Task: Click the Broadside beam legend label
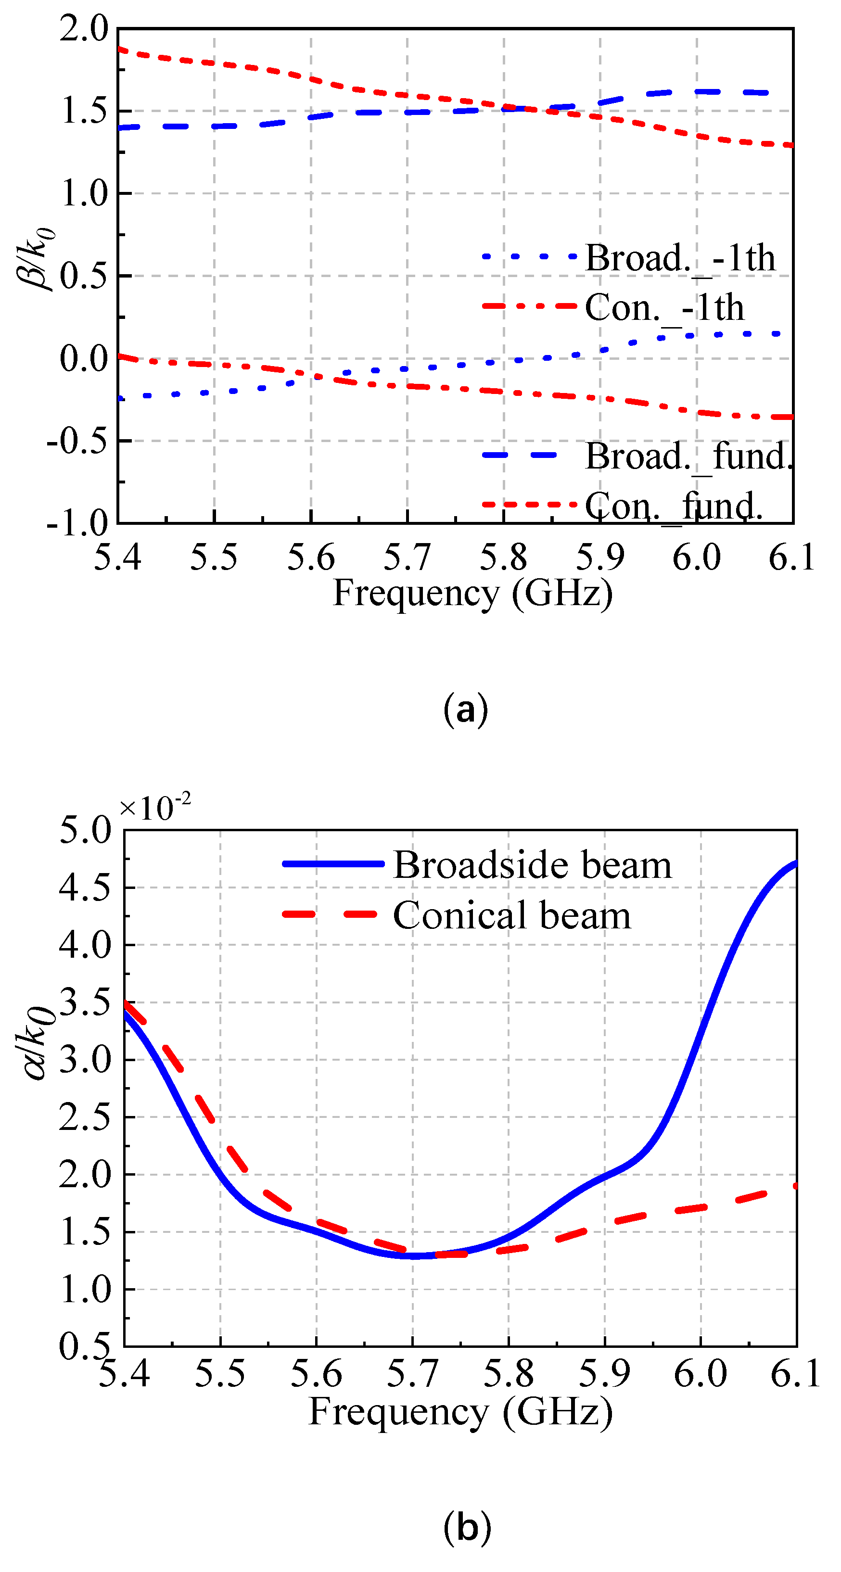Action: coord(532,865)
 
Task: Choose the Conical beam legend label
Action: coord(511,915)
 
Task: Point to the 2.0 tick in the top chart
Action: coord(84,29)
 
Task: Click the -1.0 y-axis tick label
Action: coord(78,523)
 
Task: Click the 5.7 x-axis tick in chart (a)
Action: coord(407,557)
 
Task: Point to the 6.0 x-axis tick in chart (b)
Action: coord(700,1374)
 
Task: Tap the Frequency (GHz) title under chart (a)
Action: coord(472,593)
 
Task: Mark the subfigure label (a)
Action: coord(466,710)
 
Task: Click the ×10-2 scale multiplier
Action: coord(155,807)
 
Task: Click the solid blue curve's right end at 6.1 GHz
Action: coord(795,863)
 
